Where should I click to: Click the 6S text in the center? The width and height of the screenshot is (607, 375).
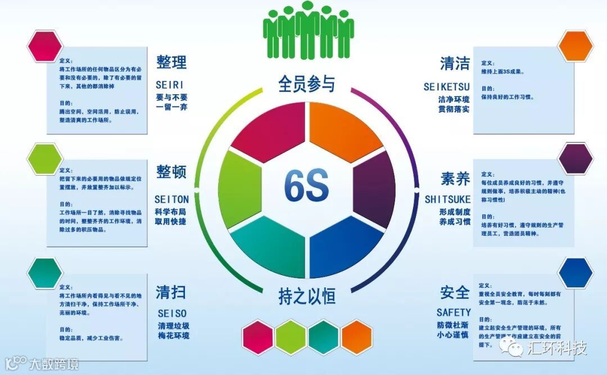(x=306, y=185)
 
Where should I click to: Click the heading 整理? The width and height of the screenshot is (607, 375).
(x=171, y=62)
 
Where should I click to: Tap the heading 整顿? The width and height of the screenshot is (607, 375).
(x=171, y=172)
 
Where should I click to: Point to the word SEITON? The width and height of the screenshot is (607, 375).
(x=171, y=199)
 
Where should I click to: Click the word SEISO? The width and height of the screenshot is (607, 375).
(x=172, y=313)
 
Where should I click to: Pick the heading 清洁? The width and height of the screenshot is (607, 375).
(x=455, y=63)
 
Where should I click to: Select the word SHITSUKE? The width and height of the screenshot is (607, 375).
(x=447, y=199)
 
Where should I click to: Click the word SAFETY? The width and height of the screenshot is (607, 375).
(x=454, y=312)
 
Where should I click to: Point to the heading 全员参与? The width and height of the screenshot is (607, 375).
(x=307, y=84)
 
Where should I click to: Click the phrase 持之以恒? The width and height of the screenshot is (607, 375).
(x=307, y=296)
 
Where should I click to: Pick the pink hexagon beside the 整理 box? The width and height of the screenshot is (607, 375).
(x=44, y=46)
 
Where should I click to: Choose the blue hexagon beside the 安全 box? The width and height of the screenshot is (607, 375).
(x=576, y=273)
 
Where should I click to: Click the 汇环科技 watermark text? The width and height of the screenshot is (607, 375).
(x=557, y=348)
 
